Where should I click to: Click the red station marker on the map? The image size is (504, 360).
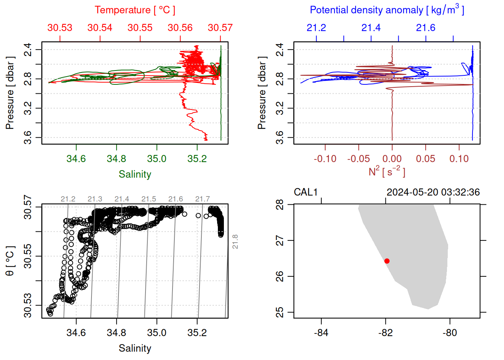click(x=387, y=261)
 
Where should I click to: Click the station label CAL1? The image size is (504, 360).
click(x=306, y=192)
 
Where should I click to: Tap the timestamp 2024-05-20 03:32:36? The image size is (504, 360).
click(x=433, y=192)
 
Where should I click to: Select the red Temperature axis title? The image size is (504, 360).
click(x=135, y=10)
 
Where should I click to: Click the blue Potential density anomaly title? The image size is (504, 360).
click(x=387, y=10)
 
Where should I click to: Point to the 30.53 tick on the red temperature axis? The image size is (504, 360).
click(x=60, y=28)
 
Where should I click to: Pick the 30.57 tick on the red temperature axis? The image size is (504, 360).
click(x=220, y=28)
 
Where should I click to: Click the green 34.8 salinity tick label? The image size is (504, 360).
click(x=117, y=159)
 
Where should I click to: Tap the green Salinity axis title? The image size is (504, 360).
click(x=135, y=174)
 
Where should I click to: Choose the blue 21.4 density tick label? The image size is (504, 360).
click(x=371, y=28)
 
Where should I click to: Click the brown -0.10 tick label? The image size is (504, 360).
click(x=325, y=159)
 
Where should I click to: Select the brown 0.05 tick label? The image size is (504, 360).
click(x=426, y=159)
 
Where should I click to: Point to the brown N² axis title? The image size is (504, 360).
click(x=387, y=172)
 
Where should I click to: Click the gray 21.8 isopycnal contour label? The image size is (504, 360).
click(x=235, y=242)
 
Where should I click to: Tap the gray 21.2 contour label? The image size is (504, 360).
click(x=68, y=199)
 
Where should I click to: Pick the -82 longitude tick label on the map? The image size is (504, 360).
click(x=385, y=333)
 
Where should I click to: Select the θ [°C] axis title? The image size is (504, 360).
click(x=10, y=261)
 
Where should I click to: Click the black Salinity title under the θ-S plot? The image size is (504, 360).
click(x=135, y=348)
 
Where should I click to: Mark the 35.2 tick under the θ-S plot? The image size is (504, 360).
click(x=197, y=333)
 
